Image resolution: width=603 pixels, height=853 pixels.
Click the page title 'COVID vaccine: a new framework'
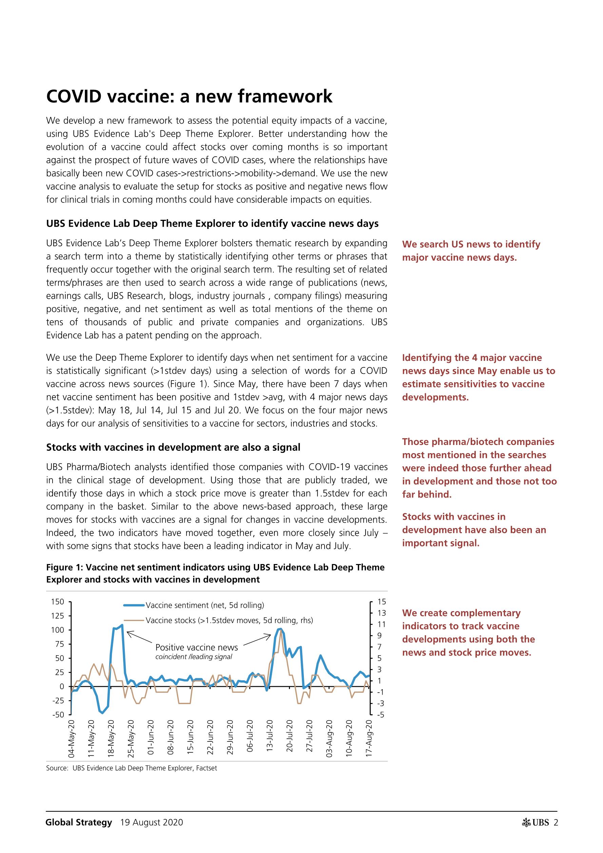(x=189, y=96)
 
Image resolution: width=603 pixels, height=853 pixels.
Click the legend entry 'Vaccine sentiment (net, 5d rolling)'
(x=205, y=605)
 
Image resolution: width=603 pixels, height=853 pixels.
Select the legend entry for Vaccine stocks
(x=229, y=620)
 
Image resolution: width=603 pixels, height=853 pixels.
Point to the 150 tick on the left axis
(x=58, y=601)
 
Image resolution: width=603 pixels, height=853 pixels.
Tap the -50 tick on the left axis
(x=58, y=714)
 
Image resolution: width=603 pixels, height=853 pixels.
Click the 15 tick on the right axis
(x=382, y=601)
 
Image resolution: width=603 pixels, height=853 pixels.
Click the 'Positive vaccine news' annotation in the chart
(x=197, y=647)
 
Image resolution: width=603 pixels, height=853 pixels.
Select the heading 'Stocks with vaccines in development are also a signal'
(x=173, y=447)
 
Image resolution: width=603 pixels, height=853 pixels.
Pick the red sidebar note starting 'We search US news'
(x=471, y=251)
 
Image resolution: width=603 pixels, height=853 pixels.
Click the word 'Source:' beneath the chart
(x=58, y=768)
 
